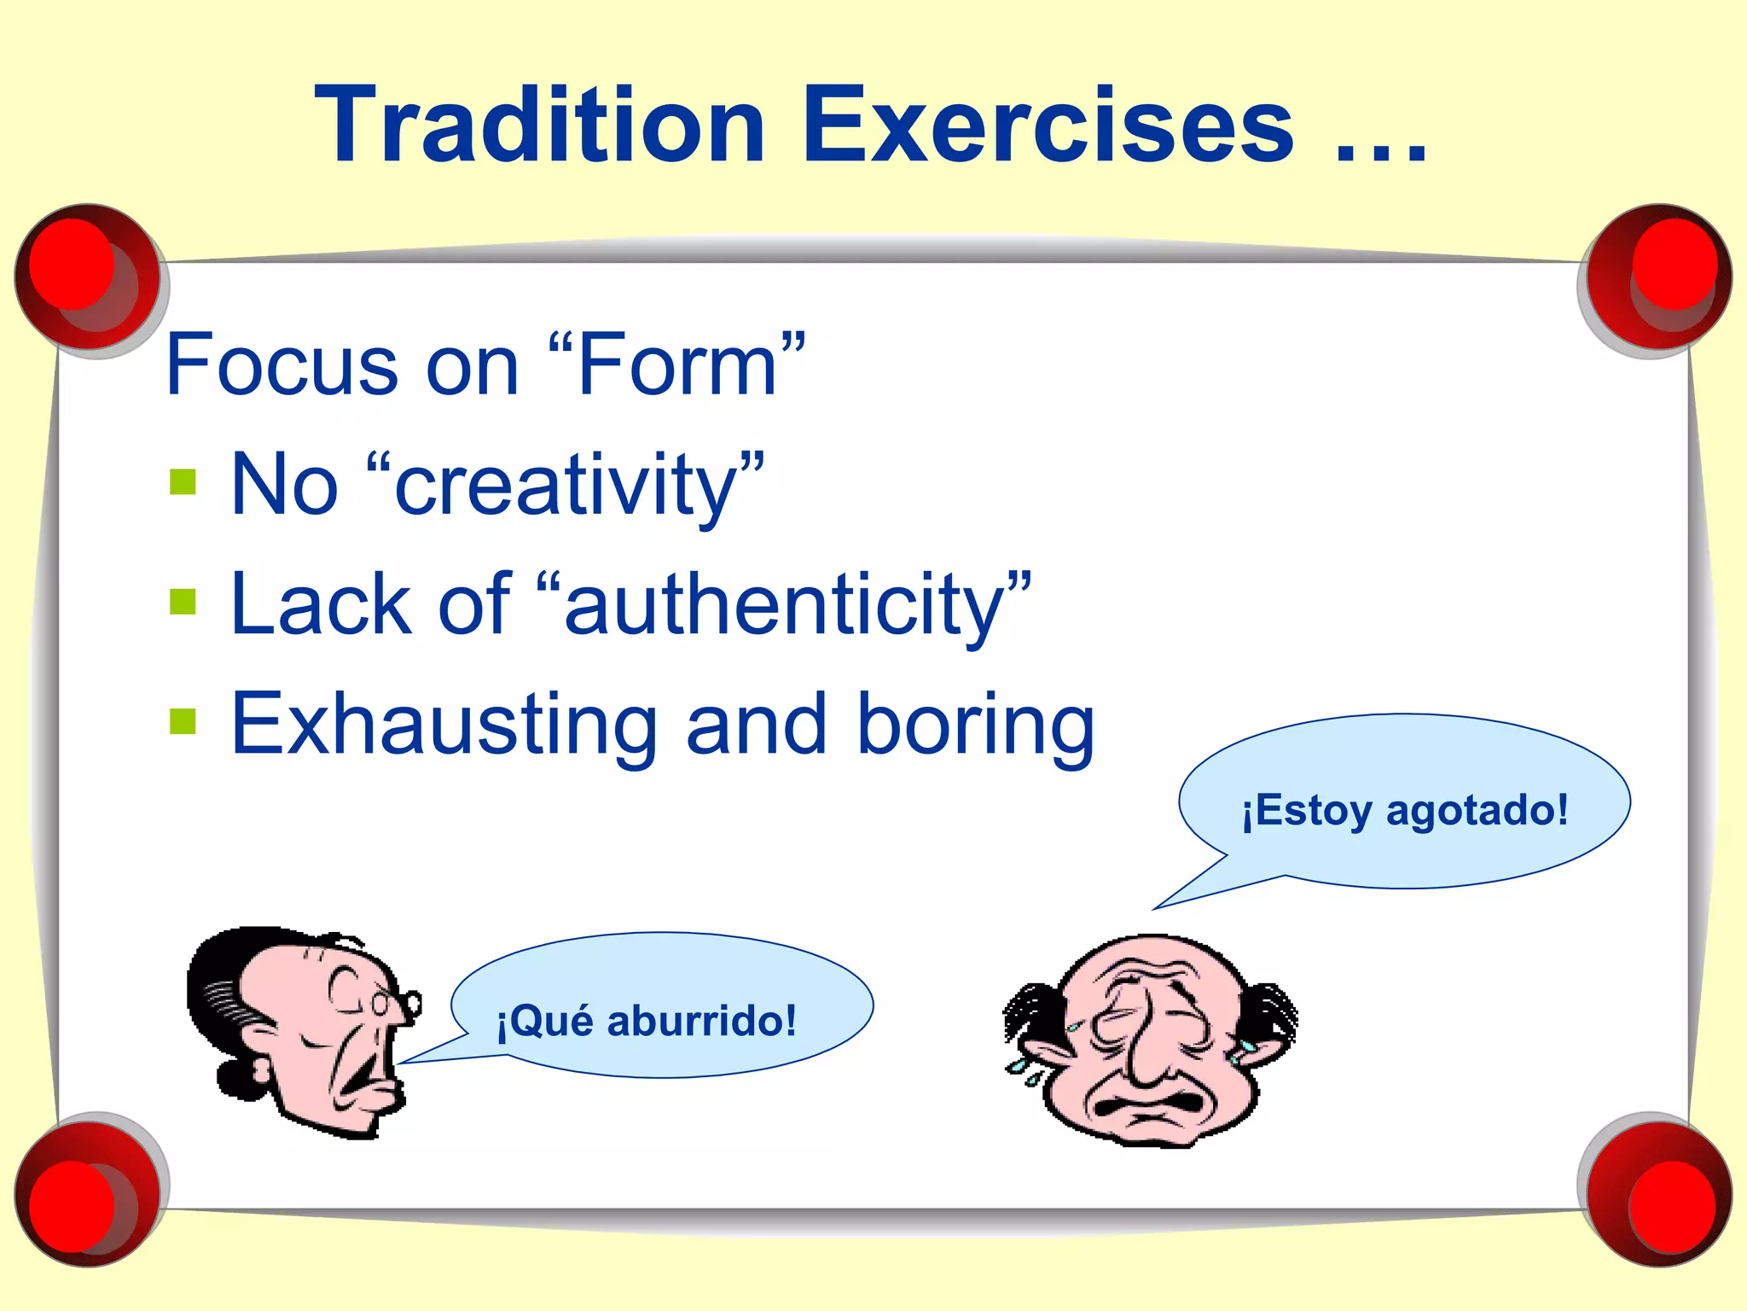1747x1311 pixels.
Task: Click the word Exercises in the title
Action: click(x=1048, y=125)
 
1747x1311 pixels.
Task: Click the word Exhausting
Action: click(x=444, y=725)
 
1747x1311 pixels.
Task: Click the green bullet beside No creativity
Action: click(x=183, y=482)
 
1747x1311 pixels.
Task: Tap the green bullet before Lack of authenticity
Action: click(x=183, y=602)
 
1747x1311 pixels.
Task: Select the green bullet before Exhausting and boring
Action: click(x=183, y=721)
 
